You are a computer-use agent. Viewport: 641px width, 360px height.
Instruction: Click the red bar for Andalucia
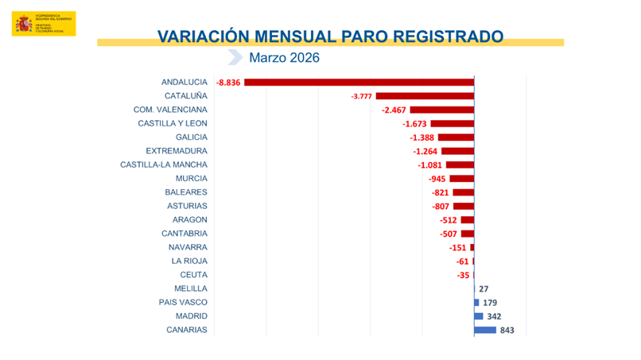pyautogui.click(x=358, y=83)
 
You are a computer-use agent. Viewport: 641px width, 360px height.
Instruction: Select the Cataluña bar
pyautogui.click(x=425, y=96)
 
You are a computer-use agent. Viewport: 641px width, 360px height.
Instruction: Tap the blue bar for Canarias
pyautogui.click(x=485, y=330)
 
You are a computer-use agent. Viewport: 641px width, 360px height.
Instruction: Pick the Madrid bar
pyautogui.click(x=479, y=316)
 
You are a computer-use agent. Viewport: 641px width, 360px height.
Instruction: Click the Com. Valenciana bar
pyautogui.click(x=442, y=110)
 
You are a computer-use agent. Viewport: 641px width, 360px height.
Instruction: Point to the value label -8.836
pyautogui.click(x=228, y=83)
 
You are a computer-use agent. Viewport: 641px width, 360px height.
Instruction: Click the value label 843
pyautogui.click(x=507, y=331)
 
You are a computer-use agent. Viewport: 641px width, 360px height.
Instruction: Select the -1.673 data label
pyautogui.click(x=415, y=124)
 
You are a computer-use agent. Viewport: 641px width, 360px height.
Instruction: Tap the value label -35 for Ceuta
pyautogui.click(x=463, y=275)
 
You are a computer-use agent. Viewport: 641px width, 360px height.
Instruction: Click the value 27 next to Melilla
pyautogui.click(x=484, y=289)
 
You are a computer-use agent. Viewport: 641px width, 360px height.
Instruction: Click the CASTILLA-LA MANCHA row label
pyautogui.click(x=164, y=165)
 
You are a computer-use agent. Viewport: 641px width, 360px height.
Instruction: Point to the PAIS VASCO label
pyautogui.click(x=184, y=302)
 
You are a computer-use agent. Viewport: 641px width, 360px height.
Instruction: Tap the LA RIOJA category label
pyautogui.click(x=189, y=261)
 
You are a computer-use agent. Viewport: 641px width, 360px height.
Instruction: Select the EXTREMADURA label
pyautogui.click(x=177, y=151)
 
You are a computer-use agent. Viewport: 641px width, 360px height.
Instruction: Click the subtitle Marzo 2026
pyautogui.click(x=284, y=58)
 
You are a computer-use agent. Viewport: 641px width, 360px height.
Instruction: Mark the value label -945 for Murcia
pyautogui.click(x=436, y=179)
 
